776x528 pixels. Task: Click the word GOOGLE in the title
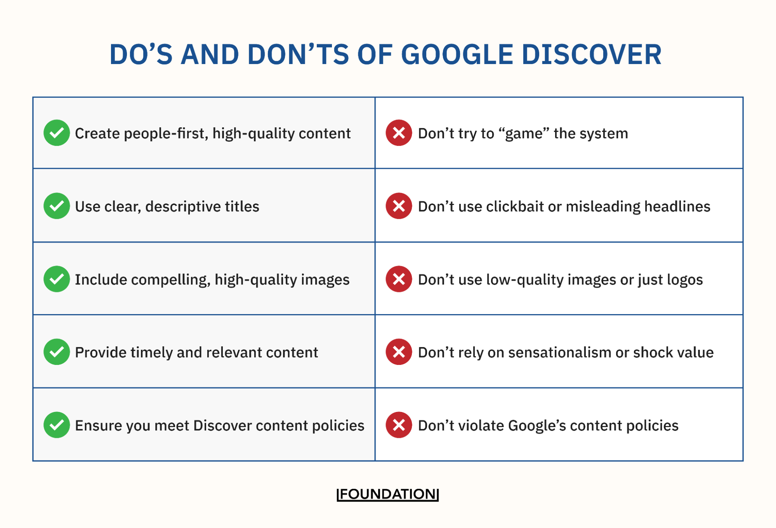click(457, 54)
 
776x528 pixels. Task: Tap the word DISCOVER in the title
click(592, 54)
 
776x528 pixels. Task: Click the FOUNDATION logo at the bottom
click(387, 494)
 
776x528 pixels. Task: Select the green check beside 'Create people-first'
click(57, 133)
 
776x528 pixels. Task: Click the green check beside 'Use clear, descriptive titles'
click(57, 206)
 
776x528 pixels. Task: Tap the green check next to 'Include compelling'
click(57, 279)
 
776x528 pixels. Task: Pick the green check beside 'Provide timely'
click(57, 352)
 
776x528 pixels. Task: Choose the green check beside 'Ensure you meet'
click(57, 425)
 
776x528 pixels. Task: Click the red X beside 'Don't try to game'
click(399, 133)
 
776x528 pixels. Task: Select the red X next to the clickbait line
click(399, 206)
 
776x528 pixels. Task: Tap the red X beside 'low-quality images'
click(399, 279)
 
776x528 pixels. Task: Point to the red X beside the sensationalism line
click(399, 352)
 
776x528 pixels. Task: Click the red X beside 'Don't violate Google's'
click(399, 425)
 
